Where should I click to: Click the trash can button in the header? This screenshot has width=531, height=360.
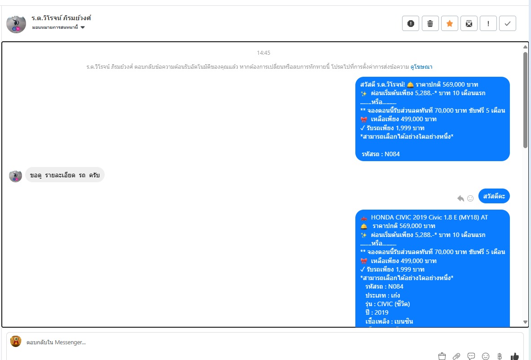tap(430, 23)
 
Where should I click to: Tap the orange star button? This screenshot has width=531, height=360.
tap(449, 23)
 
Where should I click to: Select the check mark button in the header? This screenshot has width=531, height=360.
tap(507, 23)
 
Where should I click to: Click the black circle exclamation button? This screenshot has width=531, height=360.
tap(411, 23)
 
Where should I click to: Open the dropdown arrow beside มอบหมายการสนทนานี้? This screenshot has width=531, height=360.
tap(83, 27)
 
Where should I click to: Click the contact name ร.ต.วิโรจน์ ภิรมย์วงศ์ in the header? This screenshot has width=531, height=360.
tap(61, 18)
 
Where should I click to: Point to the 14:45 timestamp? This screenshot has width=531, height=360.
tap(263, 53)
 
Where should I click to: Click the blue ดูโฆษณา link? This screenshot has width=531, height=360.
tap(421, 66)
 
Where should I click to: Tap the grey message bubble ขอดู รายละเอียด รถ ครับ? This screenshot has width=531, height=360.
tap(65, 175)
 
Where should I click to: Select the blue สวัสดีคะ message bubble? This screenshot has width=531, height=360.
tap(494, 196)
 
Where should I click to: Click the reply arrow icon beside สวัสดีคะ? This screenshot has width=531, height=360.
tap(460, 198)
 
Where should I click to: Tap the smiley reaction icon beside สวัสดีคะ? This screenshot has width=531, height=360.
tap(470, 198)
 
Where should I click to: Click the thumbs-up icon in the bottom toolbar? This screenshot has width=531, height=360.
tap(514, 356)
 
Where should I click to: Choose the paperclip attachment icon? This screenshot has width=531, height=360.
tap(456, 356)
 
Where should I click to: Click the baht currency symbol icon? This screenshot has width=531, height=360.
tap(500, 356)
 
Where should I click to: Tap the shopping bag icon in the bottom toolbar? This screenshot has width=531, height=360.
tap(442, 356)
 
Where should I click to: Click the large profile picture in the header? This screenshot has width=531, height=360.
tap(16, 24)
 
